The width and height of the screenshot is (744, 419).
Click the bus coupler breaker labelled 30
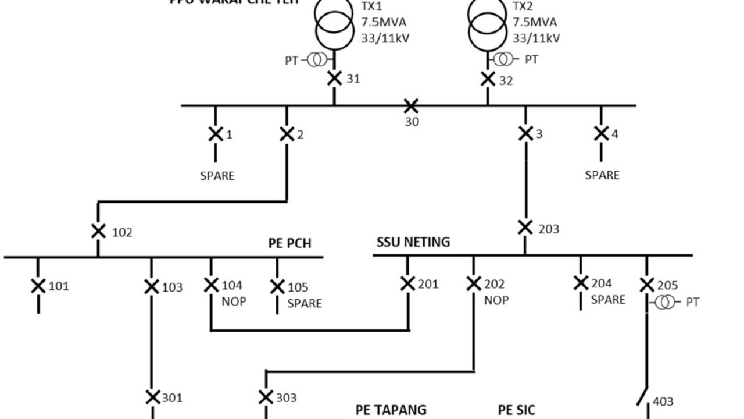pos(411,106)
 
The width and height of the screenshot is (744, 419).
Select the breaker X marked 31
pos(334,79)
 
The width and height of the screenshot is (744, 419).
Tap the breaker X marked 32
pos(488,79)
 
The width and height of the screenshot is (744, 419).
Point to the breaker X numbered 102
pos(98,231)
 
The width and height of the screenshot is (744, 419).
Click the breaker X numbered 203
pos(525,228)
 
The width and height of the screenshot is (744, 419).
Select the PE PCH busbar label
pos(289,243)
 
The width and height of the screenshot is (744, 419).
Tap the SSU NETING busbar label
pos(413,242)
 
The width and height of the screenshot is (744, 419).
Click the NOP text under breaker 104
pos(234,301)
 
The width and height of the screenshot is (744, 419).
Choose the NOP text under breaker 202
pos(496,300)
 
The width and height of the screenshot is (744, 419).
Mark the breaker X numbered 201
pos(408,283)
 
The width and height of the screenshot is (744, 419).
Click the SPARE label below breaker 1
pos(217,176)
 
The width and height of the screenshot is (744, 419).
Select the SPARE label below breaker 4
pos(602,175)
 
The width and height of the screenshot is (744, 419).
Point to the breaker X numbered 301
pos(152,397)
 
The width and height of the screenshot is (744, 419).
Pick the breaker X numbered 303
pos(266,397)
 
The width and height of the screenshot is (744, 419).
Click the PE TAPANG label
pos(391,410)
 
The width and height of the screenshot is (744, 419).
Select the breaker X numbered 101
pos(38,286)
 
